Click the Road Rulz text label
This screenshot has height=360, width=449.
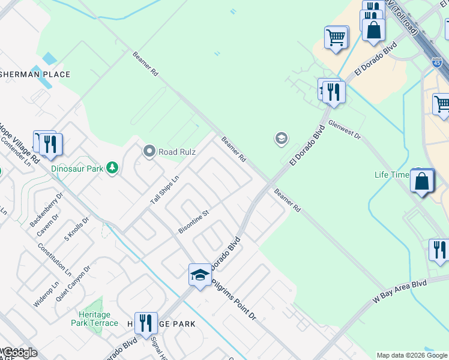click(x=176, y=152)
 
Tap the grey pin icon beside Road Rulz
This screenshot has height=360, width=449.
click(x=149, y=152)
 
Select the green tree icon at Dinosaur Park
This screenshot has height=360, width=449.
click(x=112, y=169)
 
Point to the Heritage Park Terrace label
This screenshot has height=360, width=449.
click(x=95, y=319)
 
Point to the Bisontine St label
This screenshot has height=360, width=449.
click(x=193, y=221)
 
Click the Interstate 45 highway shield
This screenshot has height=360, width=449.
click(x=437, y=62)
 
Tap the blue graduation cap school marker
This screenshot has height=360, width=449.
click(x=200, y=275)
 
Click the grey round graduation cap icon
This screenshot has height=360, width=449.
click(x=280, y=139)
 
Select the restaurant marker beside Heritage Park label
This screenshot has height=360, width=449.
click(x=145, y=324)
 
